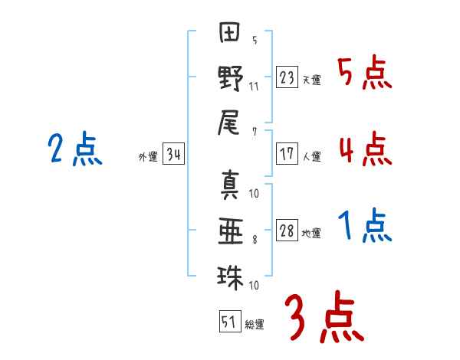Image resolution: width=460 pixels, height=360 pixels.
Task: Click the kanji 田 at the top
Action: pos(229,32)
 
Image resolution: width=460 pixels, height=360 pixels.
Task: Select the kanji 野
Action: pos(231,78)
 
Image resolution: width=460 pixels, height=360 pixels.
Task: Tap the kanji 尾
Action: pos(228,123)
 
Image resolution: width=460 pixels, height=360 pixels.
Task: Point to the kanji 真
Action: pos(230,185)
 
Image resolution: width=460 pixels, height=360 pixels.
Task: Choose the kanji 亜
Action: pos(231,231)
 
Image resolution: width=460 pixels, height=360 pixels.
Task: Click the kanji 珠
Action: pos(230,277)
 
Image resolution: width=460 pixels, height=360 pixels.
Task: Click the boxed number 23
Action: pos(287,77)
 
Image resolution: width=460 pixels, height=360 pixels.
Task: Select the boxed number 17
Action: pos(287,154)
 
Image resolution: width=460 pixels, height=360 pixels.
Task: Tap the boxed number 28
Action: pos(287,230)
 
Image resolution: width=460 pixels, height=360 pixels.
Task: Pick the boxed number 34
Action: pos(173,154)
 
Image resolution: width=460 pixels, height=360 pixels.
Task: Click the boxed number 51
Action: pos(230,322)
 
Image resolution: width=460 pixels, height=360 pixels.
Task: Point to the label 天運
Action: pos(311,80)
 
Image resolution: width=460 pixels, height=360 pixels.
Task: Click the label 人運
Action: pos(311,156)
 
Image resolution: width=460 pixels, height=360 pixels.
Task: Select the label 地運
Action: pos(311,234)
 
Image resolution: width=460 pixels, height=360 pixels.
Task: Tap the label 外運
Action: pos(148,157)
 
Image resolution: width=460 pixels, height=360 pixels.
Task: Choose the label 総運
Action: pos(255,325)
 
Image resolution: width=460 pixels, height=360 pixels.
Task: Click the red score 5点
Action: pos(365,72)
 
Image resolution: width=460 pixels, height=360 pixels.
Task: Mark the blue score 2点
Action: pos(75,149)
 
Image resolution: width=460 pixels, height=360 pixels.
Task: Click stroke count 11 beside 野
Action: pos(254,87)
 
